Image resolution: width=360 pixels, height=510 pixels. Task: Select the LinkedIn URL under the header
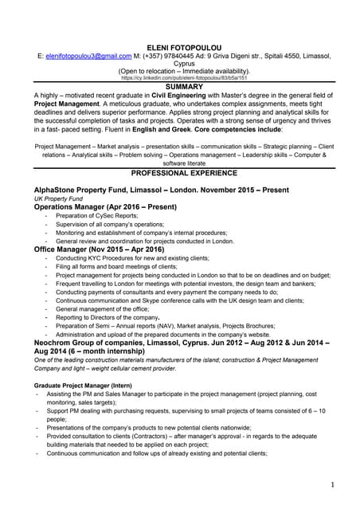click(179, 79)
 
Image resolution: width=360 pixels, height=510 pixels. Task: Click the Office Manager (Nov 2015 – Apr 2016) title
click(101, 249)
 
